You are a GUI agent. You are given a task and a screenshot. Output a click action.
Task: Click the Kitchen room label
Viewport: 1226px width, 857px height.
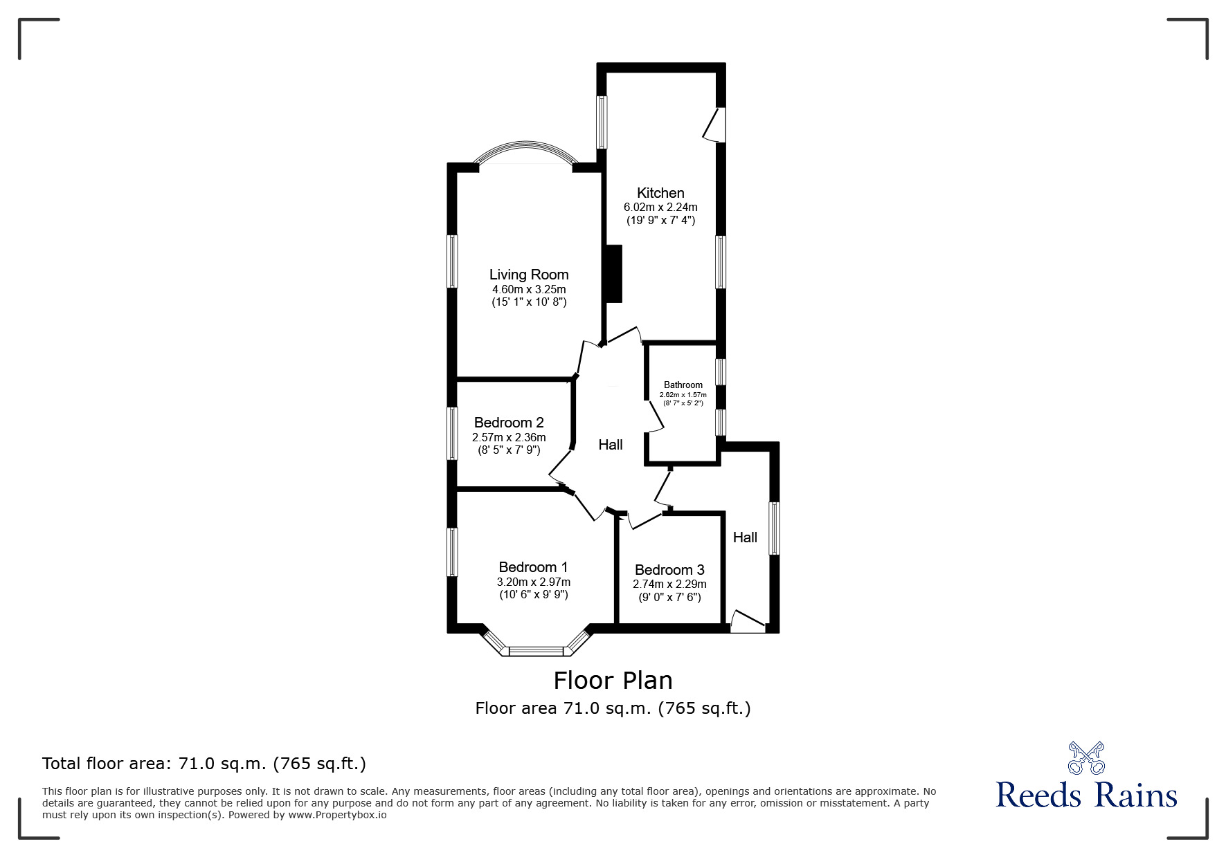tap(660, 193)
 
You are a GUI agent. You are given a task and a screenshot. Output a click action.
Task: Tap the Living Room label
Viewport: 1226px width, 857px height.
tap(529, 275)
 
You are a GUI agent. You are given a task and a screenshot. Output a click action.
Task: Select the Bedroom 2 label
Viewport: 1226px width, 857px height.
tap(509, 423)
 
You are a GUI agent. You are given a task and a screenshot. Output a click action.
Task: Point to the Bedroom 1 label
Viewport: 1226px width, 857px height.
tap(533, 568)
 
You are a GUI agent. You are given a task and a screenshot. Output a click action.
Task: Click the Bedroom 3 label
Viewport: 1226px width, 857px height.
tap(669, 570)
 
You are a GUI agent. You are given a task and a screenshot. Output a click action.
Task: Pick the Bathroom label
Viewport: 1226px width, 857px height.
tap(683, 385)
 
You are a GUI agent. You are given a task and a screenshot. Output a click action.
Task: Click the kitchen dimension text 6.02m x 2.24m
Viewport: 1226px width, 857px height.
tap(660, 207)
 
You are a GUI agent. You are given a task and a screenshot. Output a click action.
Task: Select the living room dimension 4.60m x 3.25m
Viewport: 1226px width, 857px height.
tap(529, 289)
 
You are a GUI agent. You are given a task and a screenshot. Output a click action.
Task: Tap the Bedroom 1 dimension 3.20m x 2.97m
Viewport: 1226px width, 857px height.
tap(533, 582)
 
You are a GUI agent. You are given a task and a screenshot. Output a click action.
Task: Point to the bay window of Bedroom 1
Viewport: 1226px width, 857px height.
tap(537, 650)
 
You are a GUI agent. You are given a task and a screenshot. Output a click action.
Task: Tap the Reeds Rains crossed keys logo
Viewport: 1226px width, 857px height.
tap(1086, 757)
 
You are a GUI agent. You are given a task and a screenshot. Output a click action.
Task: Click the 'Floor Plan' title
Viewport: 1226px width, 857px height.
tap(613, 681)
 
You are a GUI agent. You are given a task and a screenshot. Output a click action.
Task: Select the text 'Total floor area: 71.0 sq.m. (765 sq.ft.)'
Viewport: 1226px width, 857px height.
tap(204, 764)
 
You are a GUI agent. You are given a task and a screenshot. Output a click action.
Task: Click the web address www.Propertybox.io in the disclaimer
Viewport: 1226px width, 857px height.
tap(337, 815)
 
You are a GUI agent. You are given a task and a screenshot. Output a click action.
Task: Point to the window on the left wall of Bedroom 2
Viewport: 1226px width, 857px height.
tap(452, 433)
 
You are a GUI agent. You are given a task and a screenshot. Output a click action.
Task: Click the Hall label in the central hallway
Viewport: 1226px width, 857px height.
tap(611, 445)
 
